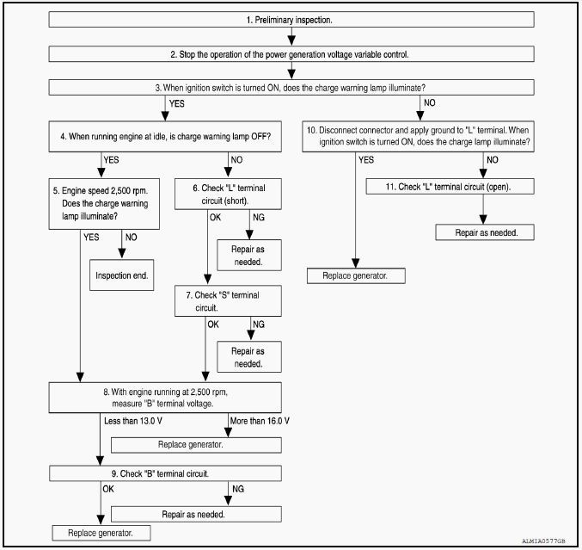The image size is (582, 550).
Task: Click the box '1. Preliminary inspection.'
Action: tap(291, 19)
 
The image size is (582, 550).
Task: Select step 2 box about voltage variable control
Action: tap(291, 54)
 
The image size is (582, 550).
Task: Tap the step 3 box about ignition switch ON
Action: tap(291, 87)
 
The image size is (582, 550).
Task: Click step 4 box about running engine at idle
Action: tap(165, 136)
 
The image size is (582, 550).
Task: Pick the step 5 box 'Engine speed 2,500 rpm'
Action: tap(104, 204)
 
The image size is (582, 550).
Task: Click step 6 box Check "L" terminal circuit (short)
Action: tap(229, 194)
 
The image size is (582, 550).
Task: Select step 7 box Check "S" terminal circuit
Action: tap(229, 301)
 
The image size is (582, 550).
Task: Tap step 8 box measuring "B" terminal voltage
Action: tap(165, 398)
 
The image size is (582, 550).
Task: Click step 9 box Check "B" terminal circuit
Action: tap(165, 473)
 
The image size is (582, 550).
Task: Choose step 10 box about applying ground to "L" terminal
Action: tap(419, 136)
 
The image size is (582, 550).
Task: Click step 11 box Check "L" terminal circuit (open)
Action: tap(450, 187)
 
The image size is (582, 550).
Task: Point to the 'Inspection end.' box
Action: tap(122, 275)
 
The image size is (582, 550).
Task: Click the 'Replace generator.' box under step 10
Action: tap(356, 275)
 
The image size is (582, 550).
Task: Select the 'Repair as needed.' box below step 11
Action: tap(485, 232)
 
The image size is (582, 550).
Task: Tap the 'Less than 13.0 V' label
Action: tap(133, 421)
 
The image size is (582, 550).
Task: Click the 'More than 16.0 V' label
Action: tap(260, 421)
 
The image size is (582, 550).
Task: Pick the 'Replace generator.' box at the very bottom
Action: tap(101, 533)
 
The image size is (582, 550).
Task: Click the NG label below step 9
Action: tap(238, 489)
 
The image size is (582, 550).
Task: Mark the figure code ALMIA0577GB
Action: tap(543, 541)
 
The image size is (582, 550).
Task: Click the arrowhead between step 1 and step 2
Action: tap(291, 40)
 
